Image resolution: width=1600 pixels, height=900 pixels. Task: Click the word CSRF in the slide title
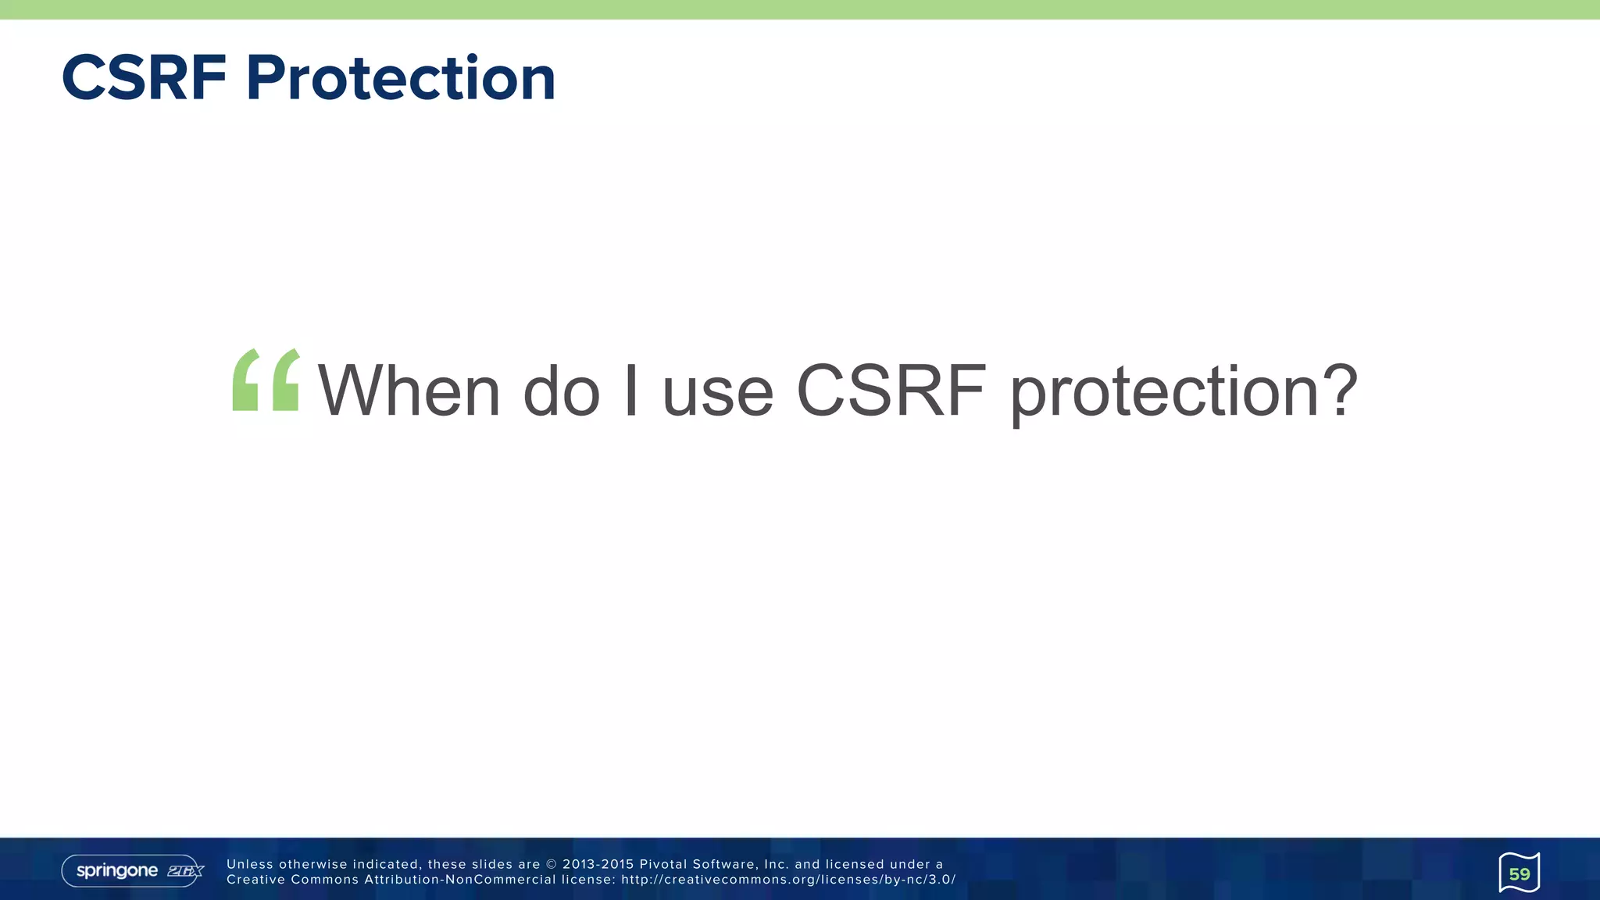145,78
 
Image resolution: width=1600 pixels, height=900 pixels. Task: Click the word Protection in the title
401,78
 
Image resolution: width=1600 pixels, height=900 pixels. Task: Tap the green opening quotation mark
266,380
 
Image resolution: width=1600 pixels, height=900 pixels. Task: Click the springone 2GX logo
133,870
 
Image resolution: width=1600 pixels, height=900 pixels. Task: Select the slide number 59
1519,873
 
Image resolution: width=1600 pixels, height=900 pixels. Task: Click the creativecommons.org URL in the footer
788,880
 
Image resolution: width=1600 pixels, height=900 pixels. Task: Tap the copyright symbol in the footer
552,864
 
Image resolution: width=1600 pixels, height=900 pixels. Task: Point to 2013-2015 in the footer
598,864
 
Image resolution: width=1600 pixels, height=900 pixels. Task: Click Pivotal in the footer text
662,864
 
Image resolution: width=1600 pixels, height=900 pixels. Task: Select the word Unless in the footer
250,864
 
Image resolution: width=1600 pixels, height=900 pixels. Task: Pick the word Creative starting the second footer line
255,880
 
